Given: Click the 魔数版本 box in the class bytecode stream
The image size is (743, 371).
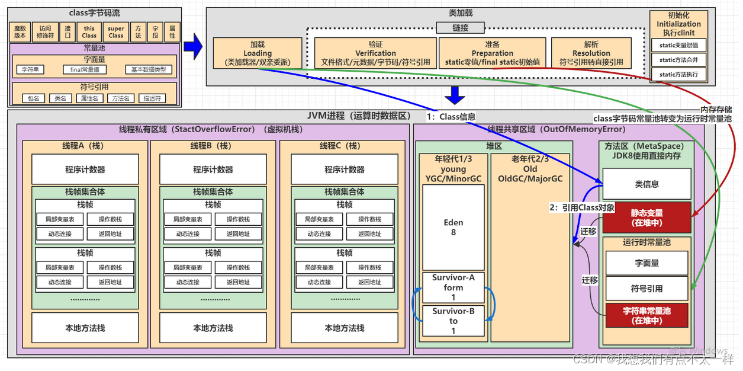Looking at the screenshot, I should click(x=20, y=32).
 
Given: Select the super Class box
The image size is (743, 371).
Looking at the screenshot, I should click(x=116, y=32).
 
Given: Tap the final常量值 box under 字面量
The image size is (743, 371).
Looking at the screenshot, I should click(x=85, y=70).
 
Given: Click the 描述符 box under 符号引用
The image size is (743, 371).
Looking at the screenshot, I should click(x=152, y=98).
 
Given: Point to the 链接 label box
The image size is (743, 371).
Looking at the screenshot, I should click(x=461, y=27).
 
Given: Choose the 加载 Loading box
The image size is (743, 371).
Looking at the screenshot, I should click(x=258, y=53).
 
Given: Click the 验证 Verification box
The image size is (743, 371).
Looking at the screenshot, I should click(x=375, y=53).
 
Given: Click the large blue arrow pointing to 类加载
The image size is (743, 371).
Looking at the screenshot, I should click(x=193, y=47).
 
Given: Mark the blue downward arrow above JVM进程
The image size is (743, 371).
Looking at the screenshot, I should click(x=455, y=95).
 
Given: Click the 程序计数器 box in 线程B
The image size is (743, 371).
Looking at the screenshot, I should click(x=213, y=169).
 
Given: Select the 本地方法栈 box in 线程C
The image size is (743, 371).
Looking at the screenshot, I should click(x=344, y=328).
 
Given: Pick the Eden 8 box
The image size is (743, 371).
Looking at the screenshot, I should click(x=453, y=228).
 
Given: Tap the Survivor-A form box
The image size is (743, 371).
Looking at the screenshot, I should click(x=453, y=287).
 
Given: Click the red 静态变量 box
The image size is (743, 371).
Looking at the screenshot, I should click(x=647, y=218).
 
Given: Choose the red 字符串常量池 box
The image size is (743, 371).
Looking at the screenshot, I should click(x=647, y=315).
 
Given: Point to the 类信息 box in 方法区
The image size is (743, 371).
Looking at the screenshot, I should click(x=647, y=184).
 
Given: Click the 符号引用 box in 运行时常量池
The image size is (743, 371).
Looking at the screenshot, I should click(x=647, y=289).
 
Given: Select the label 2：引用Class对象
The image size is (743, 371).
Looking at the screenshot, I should click(x=582, y=207).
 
